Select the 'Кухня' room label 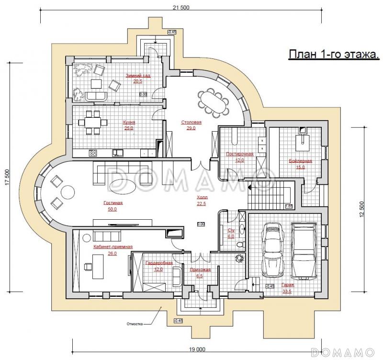point(128,122)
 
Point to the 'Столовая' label point(191,123)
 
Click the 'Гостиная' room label point(113,203)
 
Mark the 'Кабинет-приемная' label point(113,247)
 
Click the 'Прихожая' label point(200,270)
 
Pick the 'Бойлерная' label point(300,161)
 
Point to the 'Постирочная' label point(239,154)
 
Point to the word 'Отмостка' point(135,324)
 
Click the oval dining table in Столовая point(214,101)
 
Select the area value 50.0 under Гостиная point(113,209)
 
